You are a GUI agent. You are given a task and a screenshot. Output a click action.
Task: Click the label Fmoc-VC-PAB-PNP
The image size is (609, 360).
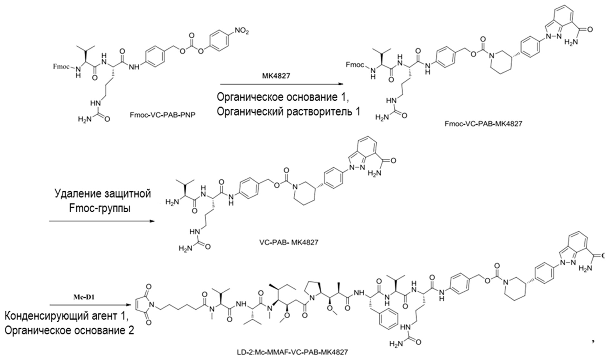(x=162, y=115)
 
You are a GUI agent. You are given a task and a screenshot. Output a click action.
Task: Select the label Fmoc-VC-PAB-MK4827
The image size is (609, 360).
(x=483, y=124)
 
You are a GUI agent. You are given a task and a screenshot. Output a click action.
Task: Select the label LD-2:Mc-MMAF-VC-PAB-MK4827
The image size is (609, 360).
(x=292, y=352)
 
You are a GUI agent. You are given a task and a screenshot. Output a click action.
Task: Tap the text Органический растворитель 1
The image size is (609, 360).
(x=288, y=112)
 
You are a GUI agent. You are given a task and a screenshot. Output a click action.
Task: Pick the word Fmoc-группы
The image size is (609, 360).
(x=100, y=208)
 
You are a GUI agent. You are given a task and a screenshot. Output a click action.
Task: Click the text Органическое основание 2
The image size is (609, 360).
(x=69, y=331)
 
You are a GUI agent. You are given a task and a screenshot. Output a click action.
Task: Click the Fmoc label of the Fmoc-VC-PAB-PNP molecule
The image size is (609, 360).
(x=61, y=67)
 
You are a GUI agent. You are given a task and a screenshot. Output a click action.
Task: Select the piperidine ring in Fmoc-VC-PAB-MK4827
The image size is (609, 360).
(x=500, y=63)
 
